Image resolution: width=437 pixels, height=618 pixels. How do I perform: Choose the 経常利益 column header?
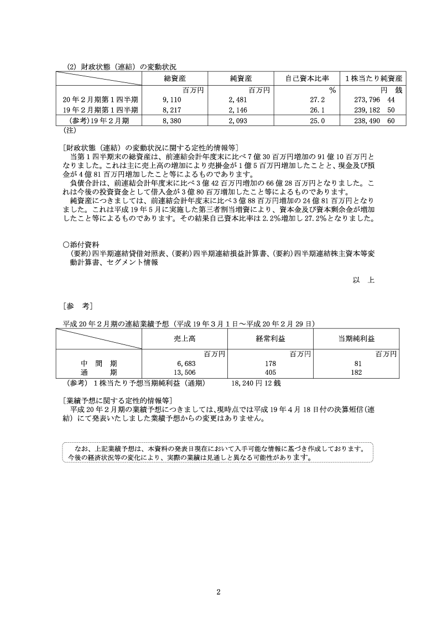coord(270,338)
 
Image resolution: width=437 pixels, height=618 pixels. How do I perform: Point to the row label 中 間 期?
coord(98,363)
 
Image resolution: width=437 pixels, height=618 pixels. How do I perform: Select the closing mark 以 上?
coord(363,280)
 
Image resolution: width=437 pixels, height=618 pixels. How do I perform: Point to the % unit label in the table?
coord(332,90)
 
